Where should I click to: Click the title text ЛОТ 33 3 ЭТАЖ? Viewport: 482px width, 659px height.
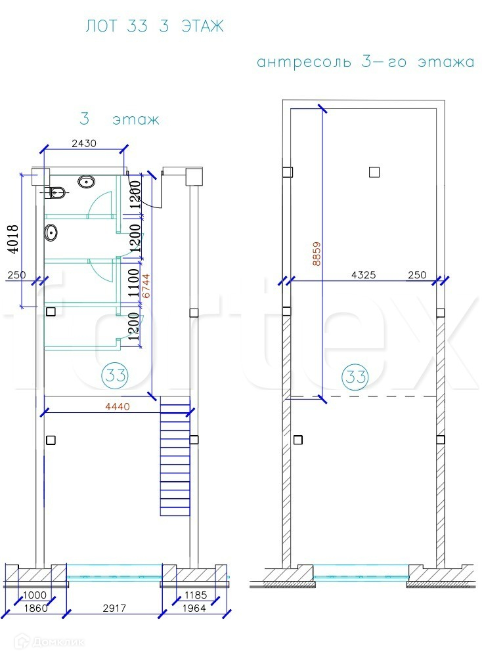click(154, 26)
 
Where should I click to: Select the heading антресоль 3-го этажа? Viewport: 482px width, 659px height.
click(366, 62)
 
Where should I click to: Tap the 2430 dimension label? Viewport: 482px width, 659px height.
click(84, 143)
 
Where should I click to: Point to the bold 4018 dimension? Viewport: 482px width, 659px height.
click(13, 239)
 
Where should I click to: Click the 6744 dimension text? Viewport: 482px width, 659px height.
click(146, 286)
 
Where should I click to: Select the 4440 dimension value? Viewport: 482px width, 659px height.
click(118, 406)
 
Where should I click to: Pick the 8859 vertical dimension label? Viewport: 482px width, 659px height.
click(317, 253)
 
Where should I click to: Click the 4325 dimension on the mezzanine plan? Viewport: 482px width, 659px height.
click(363, 275)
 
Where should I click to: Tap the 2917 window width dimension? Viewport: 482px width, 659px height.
click(114, 608)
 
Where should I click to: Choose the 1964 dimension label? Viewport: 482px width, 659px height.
click(194, 608)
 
